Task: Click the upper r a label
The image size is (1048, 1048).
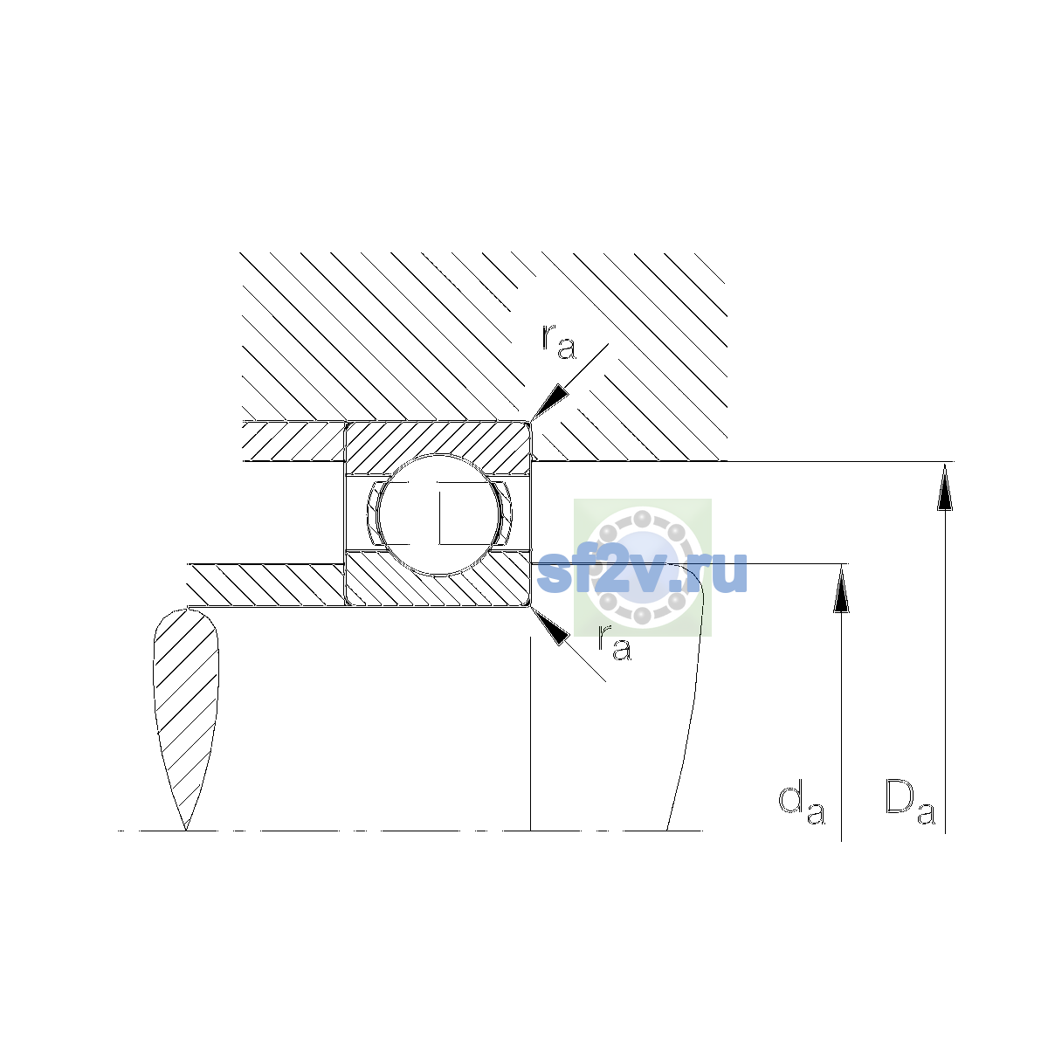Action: (x=558, y=342)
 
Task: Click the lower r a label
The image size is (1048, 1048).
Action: (x=615, y=644)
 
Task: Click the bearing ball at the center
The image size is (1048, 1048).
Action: (x=438, y=514)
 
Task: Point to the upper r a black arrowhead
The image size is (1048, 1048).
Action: (x=549, y=402)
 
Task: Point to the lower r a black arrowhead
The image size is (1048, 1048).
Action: (x=550, y=626)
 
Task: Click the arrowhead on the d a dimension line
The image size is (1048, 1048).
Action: (x=841, y=588)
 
